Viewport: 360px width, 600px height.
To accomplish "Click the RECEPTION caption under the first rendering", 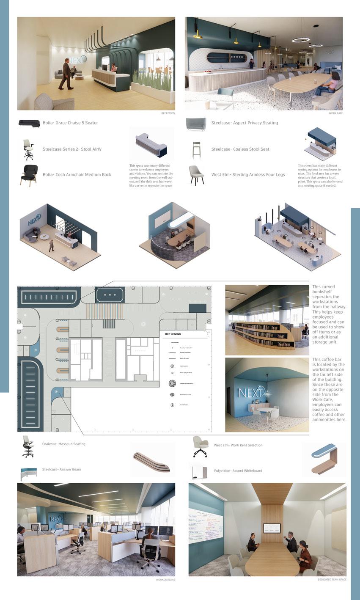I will click(x=168, y=113).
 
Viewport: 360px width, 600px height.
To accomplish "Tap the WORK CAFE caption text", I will click(x=335, y=113).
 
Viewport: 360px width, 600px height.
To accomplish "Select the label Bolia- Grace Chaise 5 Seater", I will click(x=70, y=123).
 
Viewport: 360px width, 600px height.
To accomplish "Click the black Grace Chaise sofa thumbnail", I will click(x=29, y=123).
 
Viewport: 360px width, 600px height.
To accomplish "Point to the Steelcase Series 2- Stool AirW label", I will click(x=72, y=149).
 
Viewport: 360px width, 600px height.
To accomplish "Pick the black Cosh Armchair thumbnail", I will click(x=29, y=175).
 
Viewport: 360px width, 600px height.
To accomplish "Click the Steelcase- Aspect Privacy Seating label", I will click(x=245, y=123).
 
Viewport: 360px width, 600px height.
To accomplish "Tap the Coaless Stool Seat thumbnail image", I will click(x=196, y=150).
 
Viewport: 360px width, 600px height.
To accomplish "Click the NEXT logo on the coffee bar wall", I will click(x=251, y=393).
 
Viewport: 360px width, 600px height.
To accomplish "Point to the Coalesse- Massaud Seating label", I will click(x=64, y=444).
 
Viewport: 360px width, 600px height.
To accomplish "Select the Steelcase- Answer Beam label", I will click(x=61, y=469).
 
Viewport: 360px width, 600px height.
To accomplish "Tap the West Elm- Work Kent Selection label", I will click(x=238, y=445).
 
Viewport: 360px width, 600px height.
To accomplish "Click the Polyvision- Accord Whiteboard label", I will click(x=238, y=471).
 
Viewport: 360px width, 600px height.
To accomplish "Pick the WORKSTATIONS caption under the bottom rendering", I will click(x=165, y=580).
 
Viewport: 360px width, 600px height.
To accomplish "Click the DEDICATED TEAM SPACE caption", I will click(x=332, y=580).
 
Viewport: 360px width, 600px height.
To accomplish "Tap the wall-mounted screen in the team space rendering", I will click(x=272, y=528).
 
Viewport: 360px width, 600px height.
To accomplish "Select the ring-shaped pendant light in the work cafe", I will click(x=300, y=40).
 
